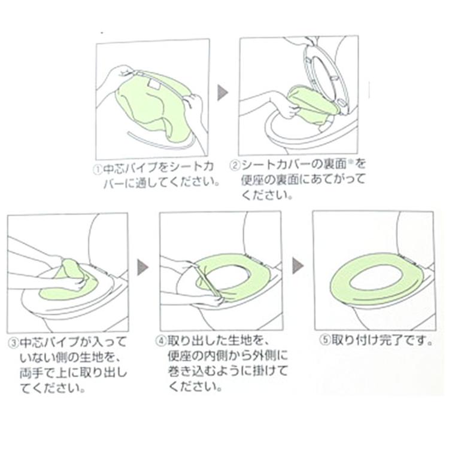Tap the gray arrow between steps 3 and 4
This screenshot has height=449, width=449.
142,267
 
